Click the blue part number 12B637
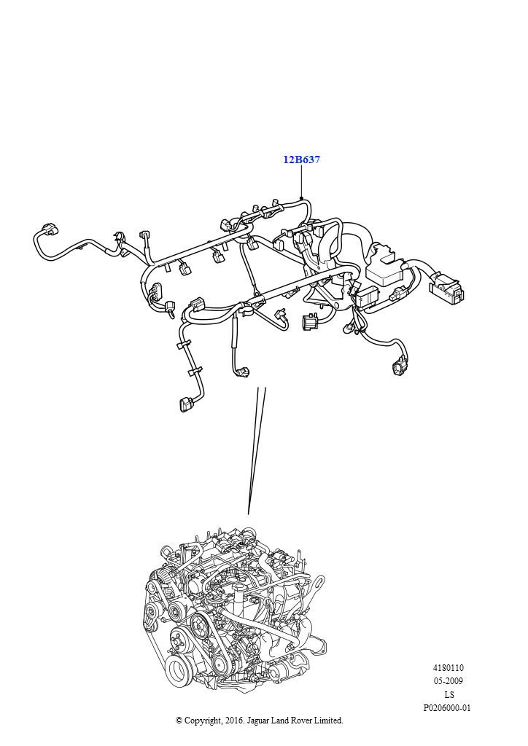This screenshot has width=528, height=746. coord(301,160)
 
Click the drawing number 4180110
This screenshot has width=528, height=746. coord(448,668)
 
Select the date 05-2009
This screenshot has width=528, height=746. coord(448,681)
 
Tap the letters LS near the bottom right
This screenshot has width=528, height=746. coord(449,694)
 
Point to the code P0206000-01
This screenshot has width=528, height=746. coord(447,708)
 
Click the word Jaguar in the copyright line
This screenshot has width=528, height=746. coord(257,721)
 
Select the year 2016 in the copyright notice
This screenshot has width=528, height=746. coord(233,721)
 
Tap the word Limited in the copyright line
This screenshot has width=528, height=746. coord(328,721)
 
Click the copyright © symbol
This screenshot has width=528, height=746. coord(179,721)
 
